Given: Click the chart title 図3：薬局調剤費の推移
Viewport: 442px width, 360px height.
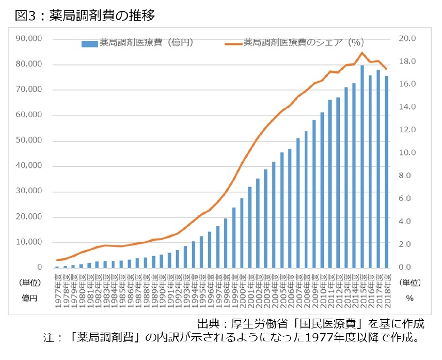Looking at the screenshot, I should (85, 15).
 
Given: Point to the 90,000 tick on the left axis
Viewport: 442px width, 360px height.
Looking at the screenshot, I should (30, 39).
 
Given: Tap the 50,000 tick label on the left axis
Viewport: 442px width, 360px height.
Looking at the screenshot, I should (30, 140).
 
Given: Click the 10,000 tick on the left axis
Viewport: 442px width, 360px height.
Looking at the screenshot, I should (30, 242).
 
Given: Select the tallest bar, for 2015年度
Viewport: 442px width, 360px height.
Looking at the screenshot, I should (362, 166).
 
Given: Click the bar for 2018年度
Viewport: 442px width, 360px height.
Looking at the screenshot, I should (387, 171).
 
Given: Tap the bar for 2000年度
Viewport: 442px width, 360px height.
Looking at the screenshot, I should (242, 232).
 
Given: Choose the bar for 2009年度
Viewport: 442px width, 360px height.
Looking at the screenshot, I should (313, 194).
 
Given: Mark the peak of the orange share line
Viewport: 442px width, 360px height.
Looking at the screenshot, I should (362, 53).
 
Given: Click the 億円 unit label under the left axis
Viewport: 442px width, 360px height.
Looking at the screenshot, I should (30, 298).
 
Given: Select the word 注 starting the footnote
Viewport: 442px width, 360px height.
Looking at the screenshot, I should (49, 338).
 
